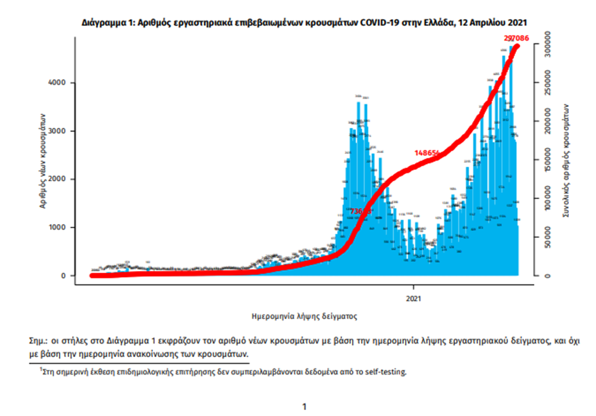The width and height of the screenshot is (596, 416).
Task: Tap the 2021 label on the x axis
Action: [x=414, y=297]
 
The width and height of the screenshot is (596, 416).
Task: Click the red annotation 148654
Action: [x=427, y=153]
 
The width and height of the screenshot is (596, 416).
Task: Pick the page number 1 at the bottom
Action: [x=304, y=406]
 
